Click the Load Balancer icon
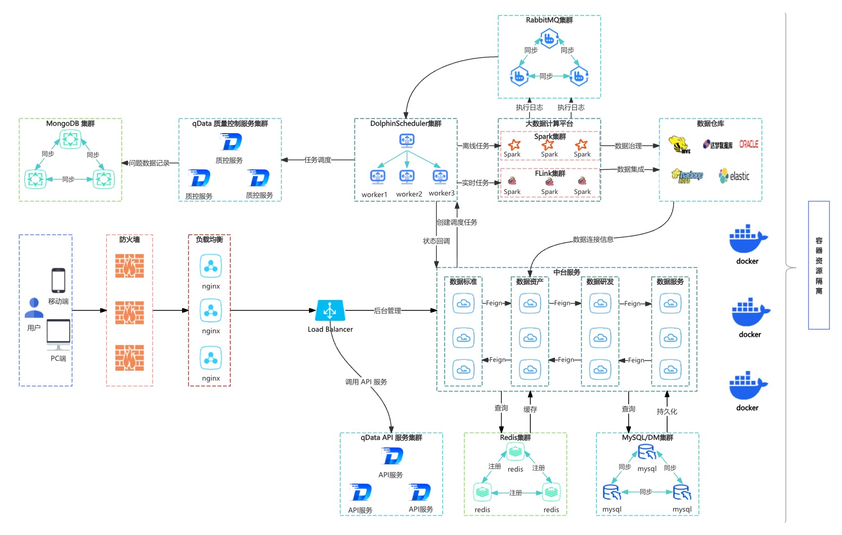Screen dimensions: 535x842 click(x=330, y=311)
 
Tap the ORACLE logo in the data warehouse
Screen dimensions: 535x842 click(x=748, y=144)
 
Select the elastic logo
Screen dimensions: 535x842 click(x=734, y=176)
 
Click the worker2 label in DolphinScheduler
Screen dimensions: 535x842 click(x=409, y=194)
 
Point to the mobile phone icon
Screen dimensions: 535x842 click(x=58, y=280)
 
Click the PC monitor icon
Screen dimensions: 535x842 click(x=58, y=334)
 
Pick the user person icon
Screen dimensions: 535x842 click(x=34, y=308)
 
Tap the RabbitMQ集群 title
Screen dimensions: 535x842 click(x=549, y=20)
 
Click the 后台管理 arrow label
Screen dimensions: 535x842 click(x=387, y=311)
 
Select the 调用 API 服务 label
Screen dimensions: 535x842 click(x=366, y=382)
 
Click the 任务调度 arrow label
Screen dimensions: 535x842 click(x=318, y=160)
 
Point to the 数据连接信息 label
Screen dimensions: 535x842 click(x=593, y=240)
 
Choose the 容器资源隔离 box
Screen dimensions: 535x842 click(x=819, y=265)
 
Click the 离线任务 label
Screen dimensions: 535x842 click(x=476, y=146)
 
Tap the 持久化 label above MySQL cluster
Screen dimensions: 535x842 click(x=667, y=412)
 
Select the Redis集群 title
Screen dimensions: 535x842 click(x=515, y=438)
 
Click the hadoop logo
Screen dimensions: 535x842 click(x=688, y=176)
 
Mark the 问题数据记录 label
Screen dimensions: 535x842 click(x=149, y=163)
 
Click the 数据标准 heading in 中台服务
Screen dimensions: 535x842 click(x=463, y=282)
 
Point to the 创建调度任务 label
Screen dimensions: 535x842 click(x=457, y=223)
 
